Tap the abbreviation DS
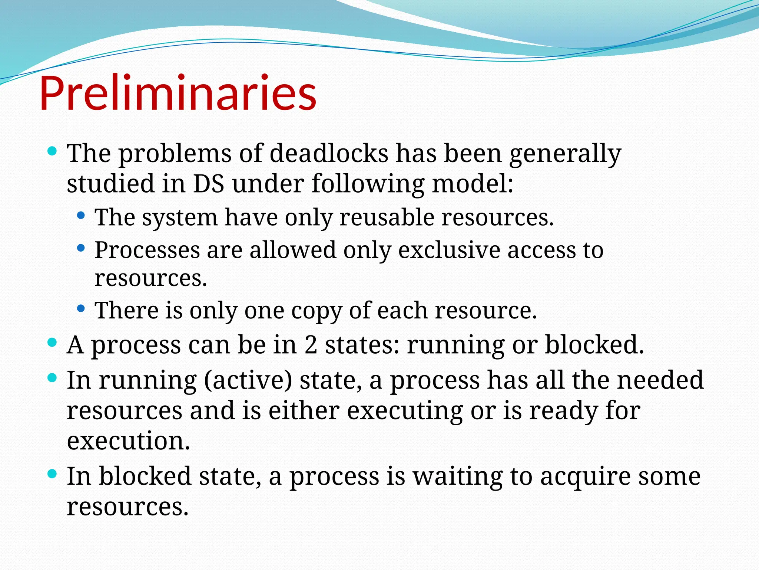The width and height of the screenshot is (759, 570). [208, 183]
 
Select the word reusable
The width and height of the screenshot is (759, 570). [387, 217]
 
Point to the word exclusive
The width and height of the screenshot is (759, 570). [449, 250]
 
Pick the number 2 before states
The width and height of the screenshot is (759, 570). [311, 345]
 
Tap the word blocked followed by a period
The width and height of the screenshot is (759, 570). [594, 345]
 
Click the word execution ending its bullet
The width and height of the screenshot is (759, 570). [128, 441]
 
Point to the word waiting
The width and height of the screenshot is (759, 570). [458, 476]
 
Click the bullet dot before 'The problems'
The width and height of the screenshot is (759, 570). [53, 151]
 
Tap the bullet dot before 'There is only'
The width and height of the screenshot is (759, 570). [81, 308]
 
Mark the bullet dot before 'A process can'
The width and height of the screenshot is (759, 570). [53, 343]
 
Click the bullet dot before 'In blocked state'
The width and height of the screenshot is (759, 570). [53, 474]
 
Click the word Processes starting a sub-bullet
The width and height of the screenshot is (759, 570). [147, 250]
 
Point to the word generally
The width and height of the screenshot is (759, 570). [565, 154]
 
